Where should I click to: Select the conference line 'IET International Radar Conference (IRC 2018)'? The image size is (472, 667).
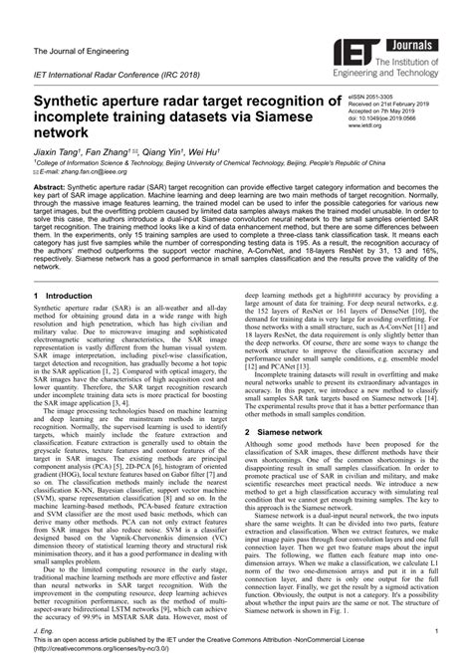(118, 77)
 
